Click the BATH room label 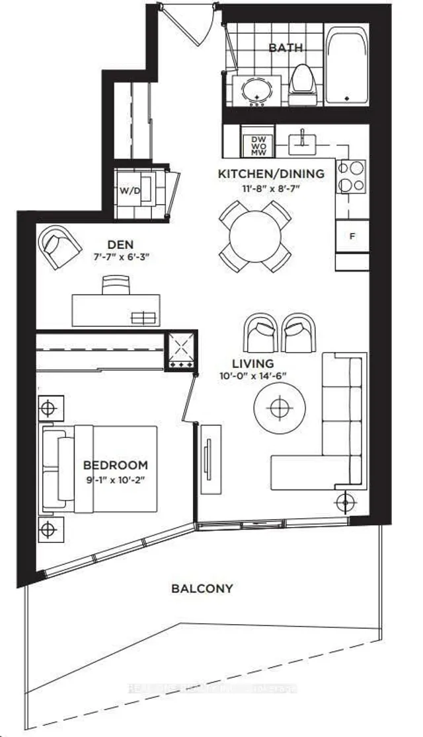(x=286, y=48)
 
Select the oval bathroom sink (x=257, y=91)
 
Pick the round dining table (x=254, y=236)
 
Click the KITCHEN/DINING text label (x=271, y=174)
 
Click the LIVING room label (x=252, y=364)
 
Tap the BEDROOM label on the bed (x=116, y=465)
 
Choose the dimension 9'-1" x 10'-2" (x=116, y=480)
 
